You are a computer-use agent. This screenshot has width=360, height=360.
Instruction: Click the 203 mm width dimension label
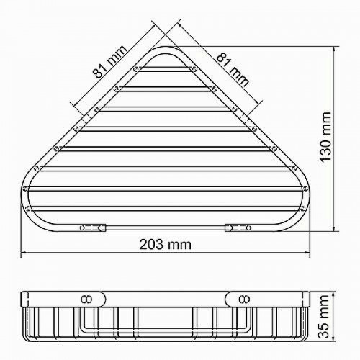pos(166,245)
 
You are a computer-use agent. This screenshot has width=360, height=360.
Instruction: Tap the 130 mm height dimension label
pos(326,138)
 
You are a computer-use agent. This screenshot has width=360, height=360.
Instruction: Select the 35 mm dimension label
pos(325,317)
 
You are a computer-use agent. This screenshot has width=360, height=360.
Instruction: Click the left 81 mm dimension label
pos(110,62)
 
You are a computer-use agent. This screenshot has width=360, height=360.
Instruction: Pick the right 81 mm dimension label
pos(233,70)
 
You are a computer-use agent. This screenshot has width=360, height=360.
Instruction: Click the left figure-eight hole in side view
pos(86,300)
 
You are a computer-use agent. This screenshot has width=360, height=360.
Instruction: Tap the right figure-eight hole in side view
pos(244,300)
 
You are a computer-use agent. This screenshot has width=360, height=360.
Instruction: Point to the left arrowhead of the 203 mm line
pos(24,253)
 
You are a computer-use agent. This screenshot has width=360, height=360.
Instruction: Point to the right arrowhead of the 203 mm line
pos(307,253)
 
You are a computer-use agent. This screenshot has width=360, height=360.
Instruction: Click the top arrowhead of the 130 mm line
pos(334,50)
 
